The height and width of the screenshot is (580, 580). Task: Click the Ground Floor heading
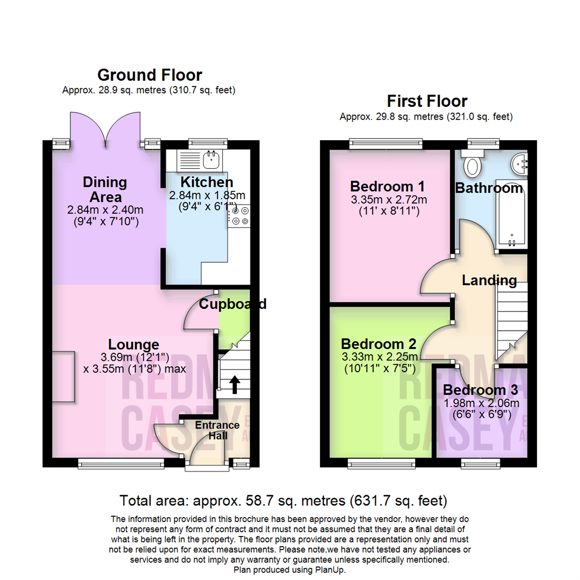150,75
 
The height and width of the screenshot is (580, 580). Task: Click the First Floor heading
427,101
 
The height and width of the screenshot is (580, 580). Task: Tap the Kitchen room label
207,182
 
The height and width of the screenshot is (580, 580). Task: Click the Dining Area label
105,190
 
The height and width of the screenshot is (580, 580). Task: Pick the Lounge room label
134,344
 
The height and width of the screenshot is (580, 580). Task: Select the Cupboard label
233,304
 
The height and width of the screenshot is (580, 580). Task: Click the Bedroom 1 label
388,186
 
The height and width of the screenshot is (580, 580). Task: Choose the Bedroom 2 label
379,343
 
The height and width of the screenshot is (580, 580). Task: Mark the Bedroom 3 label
481,390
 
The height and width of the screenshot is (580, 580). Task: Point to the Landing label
489,280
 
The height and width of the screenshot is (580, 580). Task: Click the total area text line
284,501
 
